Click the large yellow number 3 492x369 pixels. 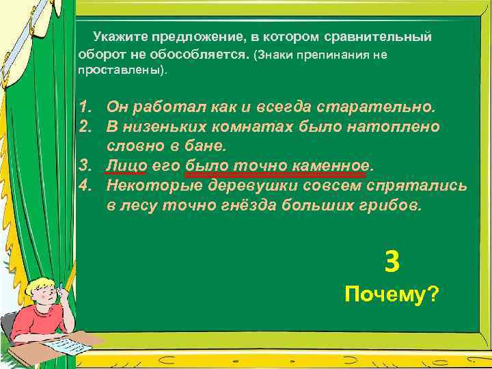(392, 260)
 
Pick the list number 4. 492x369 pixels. (85, 186)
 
